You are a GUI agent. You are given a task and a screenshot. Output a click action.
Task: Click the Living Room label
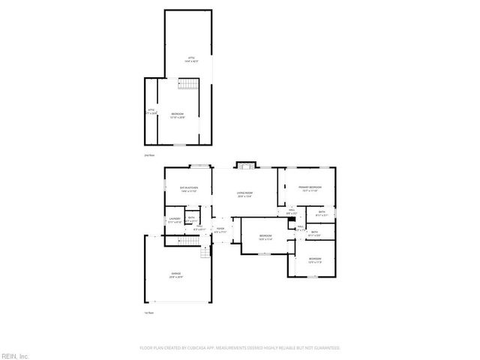click(244, 194)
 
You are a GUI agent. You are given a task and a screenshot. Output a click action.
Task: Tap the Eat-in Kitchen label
click(188, 189)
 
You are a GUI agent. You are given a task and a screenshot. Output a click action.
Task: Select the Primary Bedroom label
click(310, 188)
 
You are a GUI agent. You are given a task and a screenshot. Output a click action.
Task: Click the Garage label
click(176, 275)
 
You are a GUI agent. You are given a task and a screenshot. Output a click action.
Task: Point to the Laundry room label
click(174, 220)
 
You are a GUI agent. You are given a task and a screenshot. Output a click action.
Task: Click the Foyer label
click(220, 230)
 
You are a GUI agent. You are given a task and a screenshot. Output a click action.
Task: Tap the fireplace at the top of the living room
click(244, 165)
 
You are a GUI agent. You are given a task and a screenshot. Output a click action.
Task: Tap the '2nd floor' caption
click(148, 154)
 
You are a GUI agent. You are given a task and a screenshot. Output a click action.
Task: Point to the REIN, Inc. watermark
click(15, 355)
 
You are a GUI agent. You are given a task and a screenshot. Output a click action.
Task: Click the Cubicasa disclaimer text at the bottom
click(240, 348)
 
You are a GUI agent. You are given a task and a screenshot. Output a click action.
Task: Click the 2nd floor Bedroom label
click(178, 115)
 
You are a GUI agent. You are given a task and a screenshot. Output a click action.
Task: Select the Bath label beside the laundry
click(192, 220)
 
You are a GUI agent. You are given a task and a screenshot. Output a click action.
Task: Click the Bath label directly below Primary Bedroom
click(321, 213)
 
